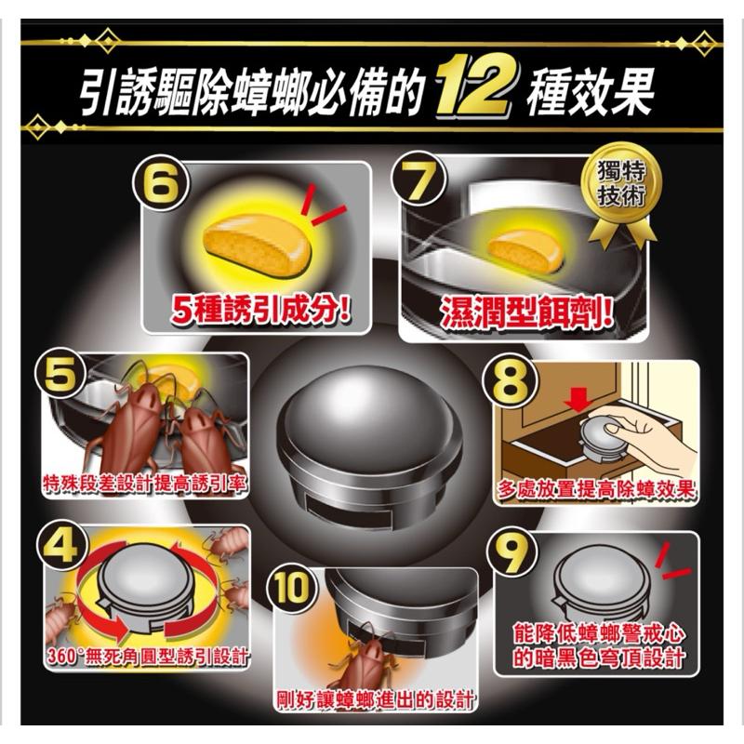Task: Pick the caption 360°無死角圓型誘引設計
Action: click(x=147, y=658)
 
